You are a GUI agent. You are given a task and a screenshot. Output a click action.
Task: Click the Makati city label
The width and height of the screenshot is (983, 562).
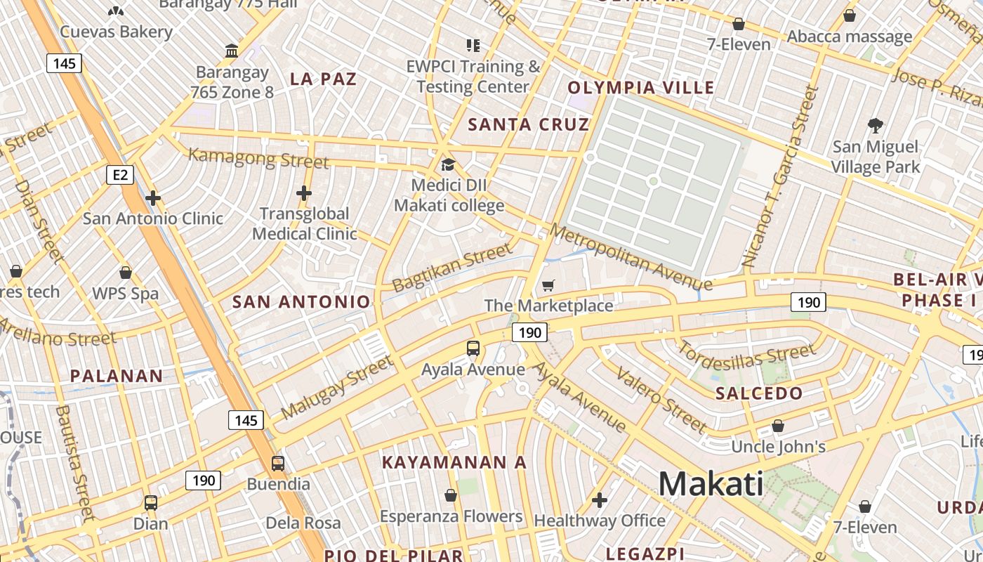(x=711, y=484)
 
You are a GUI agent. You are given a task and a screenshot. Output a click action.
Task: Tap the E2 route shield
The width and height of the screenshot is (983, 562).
(x=120, y=174)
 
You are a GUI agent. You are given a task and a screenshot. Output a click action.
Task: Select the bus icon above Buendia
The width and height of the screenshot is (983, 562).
(x=278, y=464)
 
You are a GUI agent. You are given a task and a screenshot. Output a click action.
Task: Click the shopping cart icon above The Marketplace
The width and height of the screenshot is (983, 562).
(x=548, y=285)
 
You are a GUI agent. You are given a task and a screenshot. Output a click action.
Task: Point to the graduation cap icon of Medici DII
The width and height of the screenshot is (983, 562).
(x=448, y=165)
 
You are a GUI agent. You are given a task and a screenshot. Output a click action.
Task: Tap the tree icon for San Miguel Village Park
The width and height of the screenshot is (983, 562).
(x=875, y=126)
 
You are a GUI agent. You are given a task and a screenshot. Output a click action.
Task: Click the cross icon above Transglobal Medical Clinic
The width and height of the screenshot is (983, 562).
(x=304, y=192)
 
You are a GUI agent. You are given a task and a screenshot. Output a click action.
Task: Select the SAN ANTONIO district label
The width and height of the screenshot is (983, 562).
(x=301, y=302)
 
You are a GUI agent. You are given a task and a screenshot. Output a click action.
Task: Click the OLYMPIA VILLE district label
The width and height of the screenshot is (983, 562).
(x=640, y=88)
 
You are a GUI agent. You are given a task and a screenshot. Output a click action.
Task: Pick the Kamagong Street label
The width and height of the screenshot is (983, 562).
(x=258, y=158)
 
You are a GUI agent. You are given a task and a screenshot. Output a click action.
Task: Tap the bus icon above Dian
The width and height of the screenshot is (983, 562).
(x=151, y=503)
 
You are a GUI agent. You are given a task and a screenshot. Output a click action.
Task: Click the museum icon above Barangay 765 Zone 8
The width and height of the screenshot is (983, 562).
(x=232, y=51)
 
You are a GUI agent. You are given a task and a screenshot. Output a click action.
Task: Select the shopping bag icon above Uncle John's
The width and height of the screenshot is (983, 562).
(x=778, y=426)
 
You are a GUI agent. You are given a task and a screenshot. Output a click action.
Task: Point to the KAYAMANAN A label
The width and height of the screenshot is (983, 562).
(x=454, y=462)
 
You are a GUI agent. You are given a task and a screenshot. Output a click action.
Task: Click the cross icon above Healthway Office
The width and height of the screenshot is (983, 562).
(x=599, y=500)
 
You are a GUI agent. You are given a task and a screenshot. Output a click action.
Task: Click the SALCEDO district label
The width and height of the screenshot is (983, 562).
(x=758, y=393)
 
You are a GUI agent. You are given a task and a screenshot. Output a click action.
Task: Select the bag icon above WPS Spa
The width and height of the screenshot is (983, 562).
(x=126, y=273)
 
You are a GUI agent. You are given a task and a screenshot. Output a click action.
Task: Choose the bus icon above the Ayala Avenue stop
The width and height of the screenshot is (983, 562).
(x=473, y=348)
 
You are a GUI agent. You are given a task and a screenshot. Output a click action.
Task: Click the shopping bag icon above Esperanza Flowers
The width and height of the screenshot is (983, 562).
(x=451, y=496)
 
